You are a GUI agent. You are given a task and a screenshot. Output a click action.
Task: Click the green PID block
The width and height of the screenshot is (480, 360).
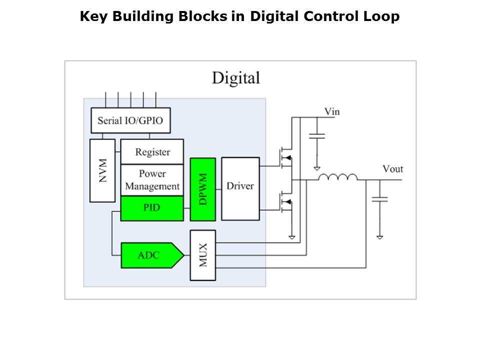[x=152, y=208]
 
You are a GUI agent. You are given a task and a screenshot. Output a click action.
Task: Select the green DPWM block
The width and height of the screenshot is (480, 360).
[x=203, y=189]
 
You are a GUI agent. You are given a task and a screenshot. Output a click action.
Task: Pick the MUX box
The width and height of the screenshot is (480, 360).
[x=203, y=255]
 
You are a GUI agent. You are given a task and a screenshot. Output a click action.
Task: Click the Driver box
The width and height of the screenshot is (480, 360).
[x=240, y=189]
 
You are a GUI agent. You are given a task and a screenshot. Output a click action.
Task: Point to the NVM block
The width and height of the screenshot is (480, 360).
[x=102, y=170]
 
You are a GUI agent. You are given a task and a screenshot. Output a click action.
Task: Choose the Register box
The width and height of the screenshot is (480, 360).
[x=152, y=151]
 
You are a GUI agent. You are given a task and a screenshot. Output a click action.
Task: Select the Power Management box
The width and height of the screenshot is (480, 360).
[x=152, y=180]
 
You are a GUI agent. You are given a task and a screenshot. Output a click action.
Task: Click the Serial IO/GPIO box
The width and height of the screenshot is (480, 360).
[x=130, y=120]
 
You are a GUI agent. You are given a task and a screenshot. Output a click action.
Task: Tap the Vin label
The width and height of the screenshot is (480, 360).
[x=332, y=111]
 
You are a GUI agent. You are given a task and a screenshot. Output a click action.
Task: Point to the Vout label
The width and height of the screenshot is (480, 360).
[x=393, y=169]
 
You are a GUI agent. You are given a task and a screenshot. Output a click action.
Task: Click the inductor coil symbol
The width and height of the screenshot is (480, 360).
[x=338, y=177]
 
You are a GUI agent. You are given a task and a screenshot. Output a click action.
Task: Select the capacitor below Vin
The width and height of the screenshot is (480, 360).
[x=317, y=136]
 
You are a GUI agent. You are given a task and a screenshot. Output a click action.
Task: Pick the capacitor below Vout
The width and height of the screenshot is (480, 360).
[x=380, y=199]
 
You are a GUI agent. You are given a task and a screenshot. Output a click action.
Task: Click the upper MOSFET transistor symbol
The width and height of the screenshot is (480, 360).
[x=286, y=157]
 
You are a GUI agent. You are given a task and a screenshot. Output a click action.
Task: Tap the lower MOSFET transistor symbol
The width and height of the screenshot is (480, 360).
[x=286, y=201]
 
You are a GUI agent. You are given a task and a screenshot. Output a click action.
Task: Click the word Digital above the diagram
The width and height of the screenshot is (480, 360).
[x=236, y=78]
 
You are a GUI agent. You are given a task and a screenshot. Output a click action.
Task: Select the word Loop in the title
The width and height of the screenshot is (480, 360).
[x=381, y=16]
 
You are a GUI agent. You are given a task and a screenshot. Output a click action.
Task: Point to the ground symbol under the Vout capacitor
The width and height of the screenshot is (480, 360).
[x=380, y=237]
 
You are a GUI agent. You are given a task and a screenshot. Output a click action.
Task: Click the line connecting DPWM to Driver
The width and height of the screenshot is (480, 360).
[x=218, y=189]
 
